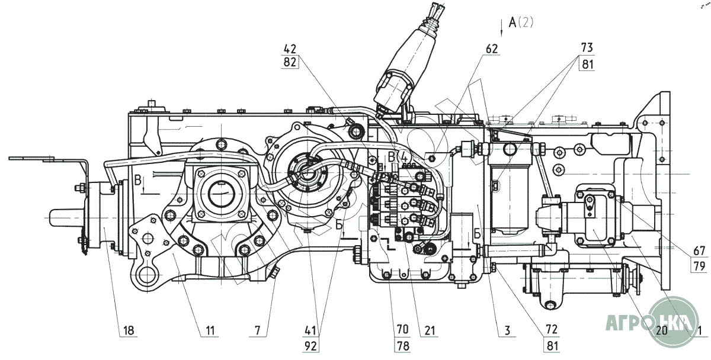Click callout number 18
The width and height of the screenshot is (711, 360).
tap(129, 329)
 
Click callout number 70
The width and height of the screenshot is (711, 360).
tap(403, 329)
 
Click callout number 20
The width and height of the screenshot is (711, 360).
tap(662, 329)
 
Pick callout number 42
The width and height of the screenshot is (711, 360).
tap(290, 48)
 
